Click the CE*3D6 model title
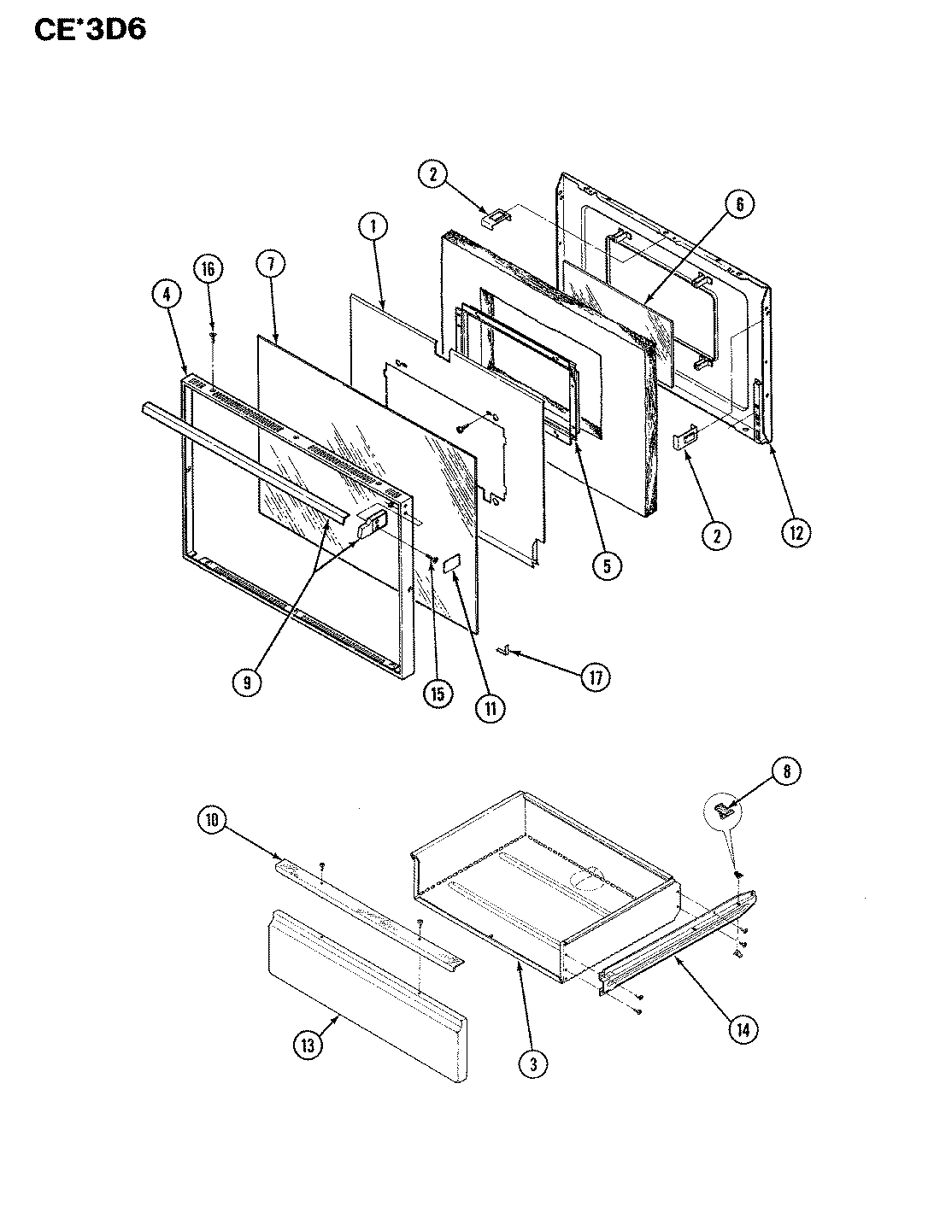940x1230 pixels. tap(91, 29)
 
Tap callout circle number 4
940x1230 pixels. tap(167, 295)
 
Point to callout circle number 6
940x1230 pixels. tap(740, 204)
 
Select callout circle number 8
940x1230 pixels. tap(787, 771)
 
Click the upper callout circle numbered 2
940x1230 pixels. tap(432, 175)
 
